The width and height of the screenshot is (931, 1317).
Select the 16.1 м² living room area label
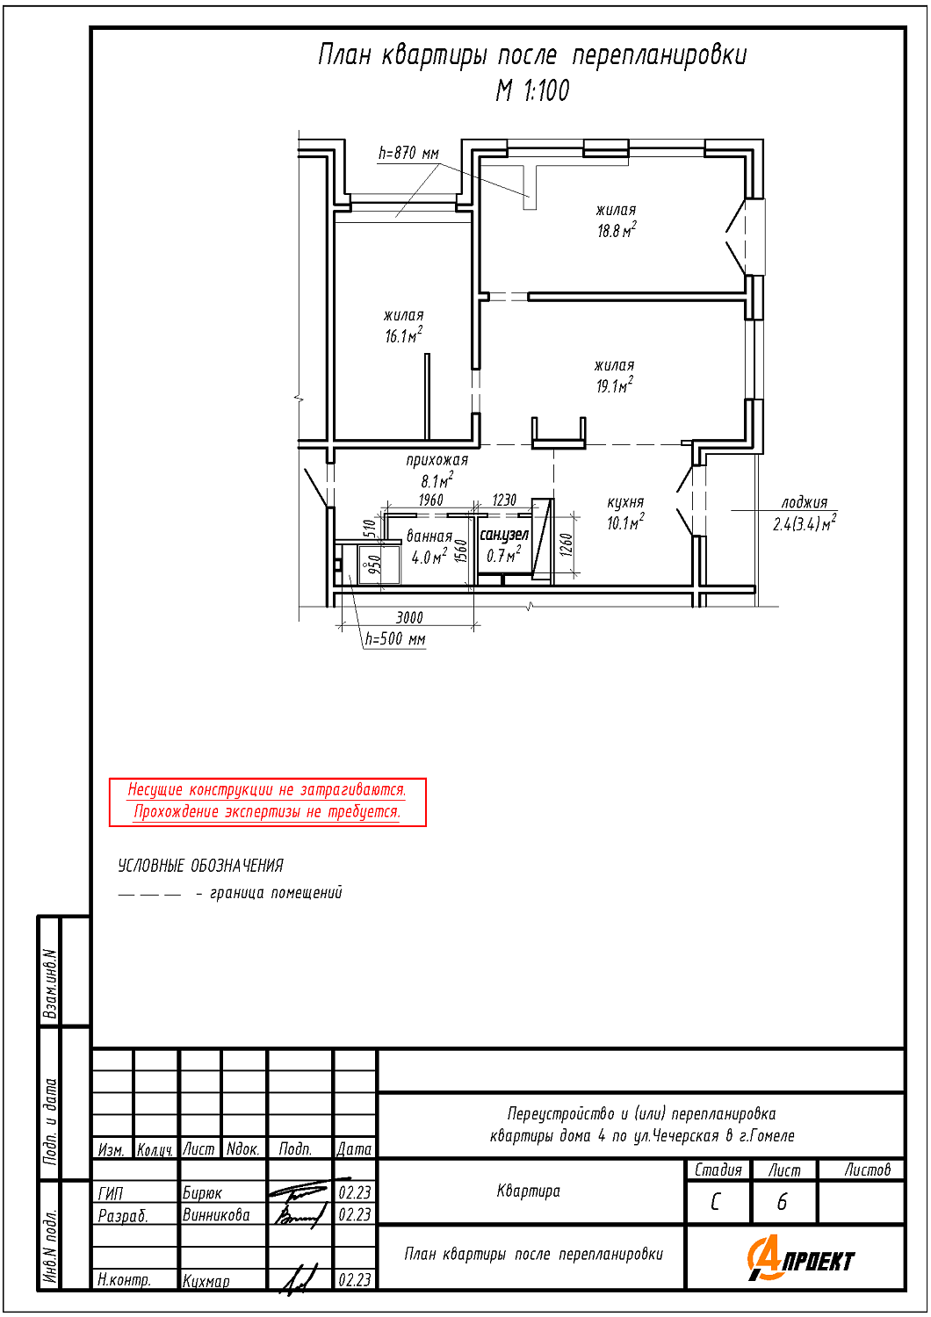tap(404, 335)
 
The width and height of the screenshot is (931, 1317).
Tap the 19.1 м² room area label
tap(615, 385)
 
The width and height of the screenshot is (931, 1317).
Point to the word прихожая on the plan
tap(437, 460)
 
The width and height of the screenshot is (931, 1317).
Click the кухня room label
tap(625, 502)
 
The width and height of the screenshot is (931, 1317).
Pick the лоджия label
tap(804, 502)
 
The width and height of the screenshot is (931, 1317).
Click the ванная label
tap(429, 536)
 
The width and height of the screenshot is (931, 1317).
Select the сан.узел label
tap(504, 535)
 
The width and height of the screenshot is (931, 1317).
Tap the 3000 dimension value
tap(409, 617)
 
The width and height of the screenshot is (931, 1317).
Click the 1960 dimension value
tap(430, 500)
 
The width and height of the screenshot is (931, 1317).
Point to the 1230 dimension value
tap(504, 500)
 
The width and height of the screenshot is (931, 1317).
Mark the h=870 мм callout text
tap(408, 154)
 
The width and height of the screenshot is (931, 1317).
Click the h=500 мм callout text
tap(395, 639)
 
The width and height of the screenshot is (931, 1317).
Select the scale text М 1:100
tap(532, 90)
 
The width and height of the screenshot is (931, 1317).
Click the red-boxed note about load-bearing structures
tap(268, 802)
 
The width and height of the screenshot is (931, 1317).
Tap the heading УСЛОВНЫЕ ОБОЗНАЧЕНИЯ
tap(200, 866)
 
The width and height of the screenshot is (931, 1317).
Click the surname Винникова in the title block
tap(216, 1215)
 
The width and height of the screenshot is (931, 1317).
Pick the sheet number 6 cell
tap(783, 1203)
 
